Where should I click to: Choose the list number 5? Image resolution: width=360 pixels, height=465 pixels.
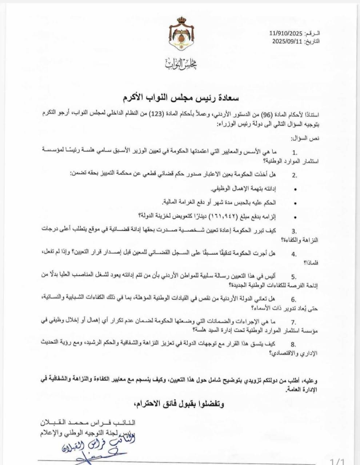(294, 277)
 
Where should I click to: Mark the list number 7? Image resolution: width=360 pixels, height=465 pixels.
(294, 322)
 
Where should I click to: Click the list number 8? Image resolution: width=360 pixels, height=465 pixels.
(294, 345)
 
